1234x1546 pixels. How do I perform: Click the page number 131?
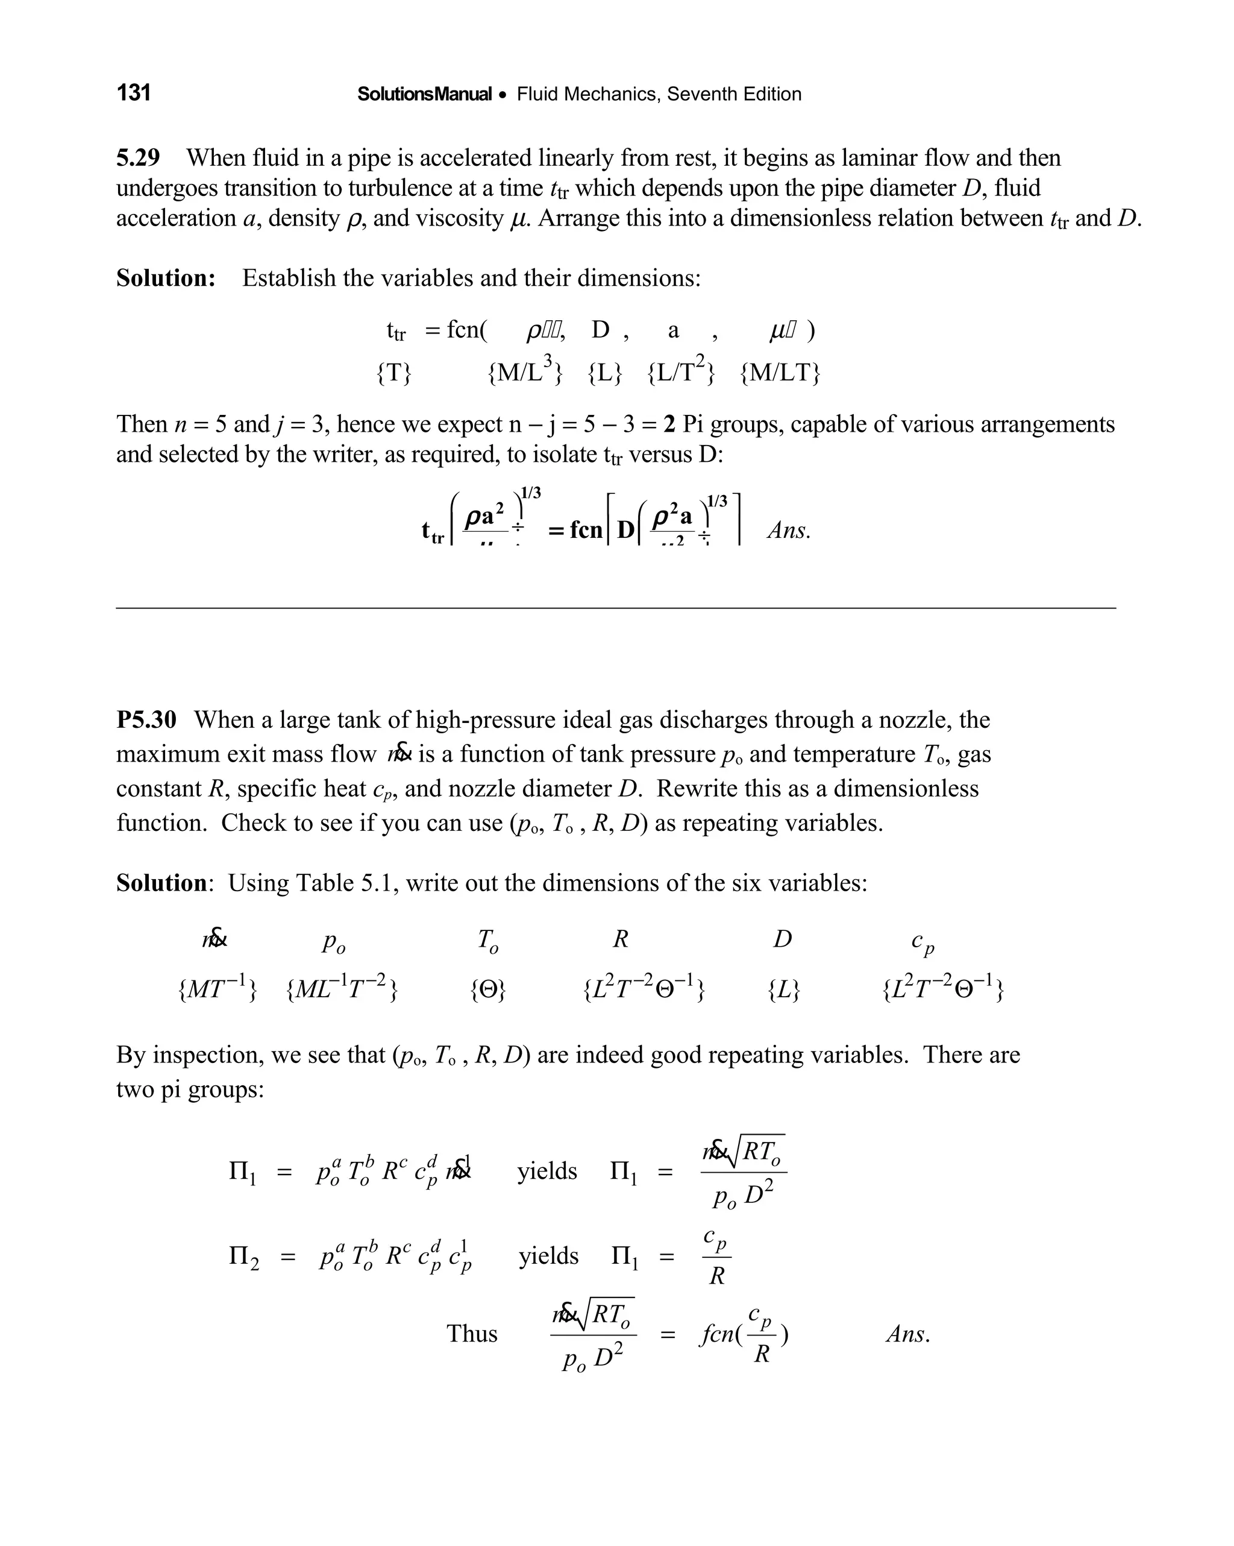[x=133, y=92]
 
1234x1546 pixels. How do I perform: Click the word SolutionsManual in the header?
[x=424, y=94]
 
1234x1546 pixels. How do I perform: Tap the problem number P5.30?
[x=146, y=719]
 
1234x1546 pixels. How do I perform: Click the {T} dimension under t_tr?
[x=394, y=373]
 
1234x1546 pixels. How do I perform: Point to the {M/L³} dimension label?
[x=525, y=371]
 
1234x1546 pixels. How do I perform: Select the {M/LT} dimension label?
[x=780, y=373]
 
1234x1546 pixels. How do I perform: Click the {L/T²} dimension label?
[x=681, y=371]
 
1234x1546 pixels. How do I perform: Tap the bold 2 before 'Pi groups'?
[x=669, y=424]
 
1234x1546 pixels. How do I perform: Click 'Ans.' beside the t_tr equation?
[x=789, y=531]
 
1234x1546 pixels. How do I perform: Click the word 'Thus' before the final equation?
[x=472, y=1333]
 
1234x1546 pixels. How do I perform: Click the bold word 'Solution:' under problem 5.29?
[x=166, y=277]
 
